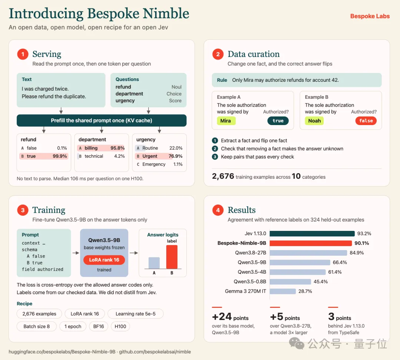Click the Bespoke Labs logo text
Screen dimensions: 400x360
tap(370, 16)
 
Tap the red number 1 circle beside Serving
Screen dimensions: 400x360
tap(23, 54)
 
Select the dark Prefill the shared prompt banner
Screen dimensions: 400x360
tap(101, 121)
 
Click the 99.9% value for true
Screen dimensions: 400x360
tap(60, 156)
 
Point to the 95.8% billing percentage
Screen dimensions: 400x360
tap(117, 148)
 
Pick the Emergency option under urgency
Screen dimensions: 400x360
tap(154, 164)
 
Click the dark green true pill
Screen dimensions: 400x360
tap(278, 121)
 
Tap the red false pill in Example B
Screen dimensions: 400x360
tap(366, 121)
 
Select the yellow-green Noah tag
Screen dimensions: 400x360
tap(314, 121)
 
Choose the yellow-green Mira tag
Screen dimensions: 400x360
tap(226, 121)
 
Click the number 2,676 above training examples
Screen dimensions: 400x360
tap(223, 176)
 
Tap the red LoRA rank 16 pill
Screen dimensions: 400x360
tap(104, 260)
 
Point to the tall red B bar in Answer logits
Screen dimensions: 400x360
tap(172, 257)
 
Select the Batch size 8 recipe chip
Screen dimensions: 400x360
tap(36, 326)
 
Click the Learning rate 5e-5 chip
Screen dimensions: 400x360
tap(136, 314)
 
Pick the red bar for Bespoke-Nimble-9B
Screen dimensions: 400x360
tap(311, 243)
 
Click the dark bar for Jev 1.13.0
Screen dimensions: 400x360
tap(312, 233)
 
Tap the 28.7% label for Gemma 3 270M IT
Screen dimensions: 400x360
tap(305, 291)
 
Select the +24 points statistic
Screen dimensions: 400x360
tap(230, 317)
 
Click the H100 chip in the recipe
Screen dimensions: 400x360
tap(120, 326)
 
